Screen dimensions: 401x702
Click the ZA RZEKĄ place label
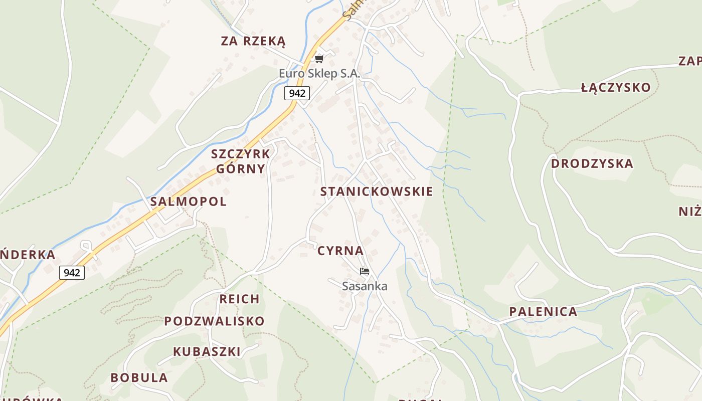click(253, 41)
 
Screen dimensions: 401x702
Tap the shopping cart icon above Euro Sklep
click(319, 59)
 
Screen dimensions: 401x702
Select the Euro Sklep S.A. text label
click(319, 74)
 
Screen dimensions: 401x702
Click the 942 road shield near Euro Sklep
click(297, 93)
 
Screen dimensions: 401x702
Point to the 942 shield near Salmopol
click(72, 273)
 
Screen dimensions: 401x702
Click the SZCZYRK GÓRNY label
click(241, 161)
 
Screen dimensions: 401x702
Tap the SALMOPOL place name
click(188, 202)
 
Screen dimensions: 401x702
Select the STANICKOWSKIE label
click(377, 191)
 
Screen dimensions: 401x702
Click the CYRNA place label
click(340, 251)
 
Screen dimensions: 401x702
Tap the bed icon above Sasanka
click(365, 271)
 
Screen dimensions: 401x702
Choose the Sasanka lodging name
click(365, 286)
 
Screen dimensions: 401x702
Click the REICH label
click(240, 299)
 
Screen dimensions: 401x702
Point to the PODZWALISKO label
click(214, 321)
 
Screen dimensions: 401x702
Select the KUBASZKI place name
click(207, 352)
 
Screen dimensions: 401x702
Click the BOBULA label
click(139, 378)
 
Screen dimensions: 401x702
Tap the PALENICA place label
click(543, 312)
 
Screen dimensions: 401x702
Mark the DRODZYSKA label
click(592, 164)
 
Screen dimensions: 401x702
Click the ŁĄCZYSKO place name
click(616, 88)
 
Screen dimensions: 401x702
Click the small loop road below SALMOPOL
click(86, 246)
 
